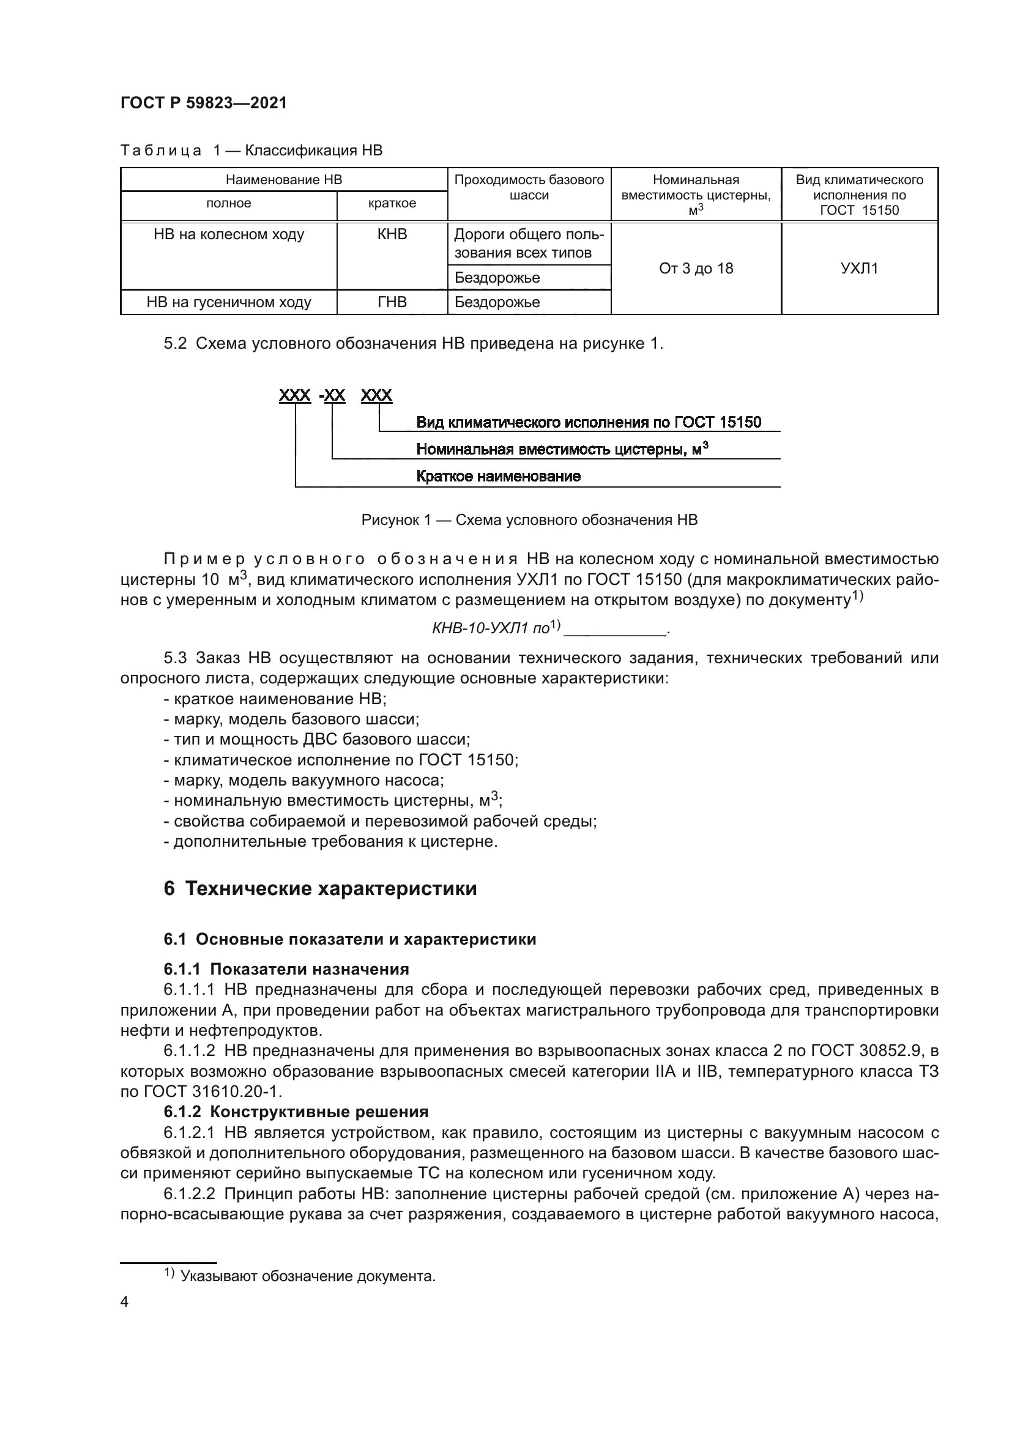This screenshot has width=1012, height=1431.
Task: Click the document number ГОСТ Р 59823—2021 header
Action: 204,103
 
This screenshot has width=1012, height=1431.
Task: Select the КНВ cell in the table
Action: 392,234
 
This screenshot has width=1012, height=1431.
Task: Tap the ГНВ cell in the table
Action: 392,302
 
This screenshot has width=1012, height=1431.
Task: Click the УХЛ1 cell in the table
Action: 859,269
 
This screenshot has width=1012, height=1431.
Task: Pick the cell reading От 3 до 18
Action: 696,269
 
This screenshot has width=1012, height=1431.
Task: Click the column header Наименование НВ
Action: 283,180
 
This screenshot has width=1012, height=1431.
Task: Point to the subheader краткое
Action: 392,203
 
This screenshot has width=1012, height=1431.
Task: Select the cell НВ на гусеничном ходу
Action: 229,302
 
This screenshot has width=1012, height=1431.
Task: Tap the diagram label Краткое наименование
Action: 498,476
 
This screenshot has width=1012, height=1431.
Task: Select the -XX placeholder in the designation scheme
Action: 332,395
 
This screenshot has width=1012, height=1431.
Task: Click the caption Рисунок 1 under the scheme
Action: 529,520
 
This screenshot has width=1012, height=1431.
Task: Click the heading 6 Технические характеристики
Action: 320,888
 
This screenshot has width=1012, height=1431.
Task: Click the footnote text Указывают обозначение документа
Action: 308,1276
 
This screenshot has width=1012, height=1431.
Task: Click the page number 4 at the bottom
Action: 124,1302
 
